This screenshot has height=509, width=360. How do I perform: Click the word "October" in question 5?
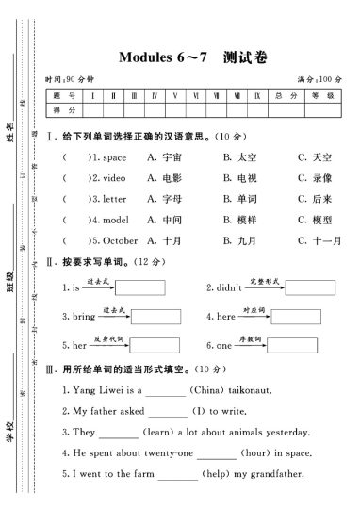120,240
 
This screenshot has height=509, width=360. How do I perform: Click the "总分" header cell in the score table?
279,95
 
